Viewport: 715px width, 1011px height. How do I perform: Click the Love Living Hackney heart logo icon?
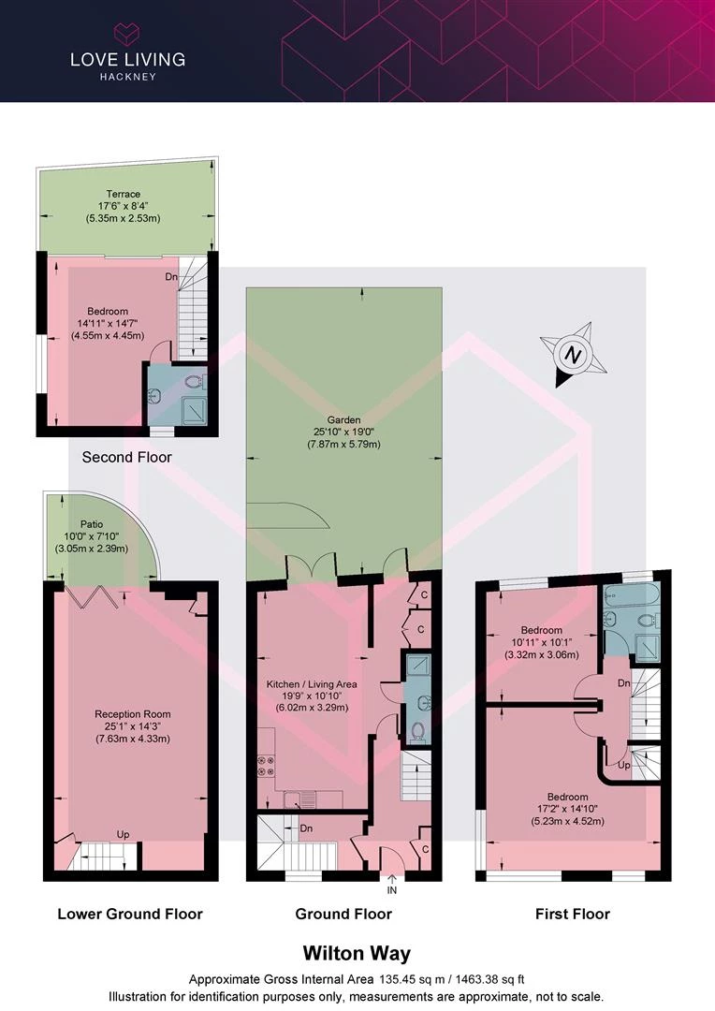click(x=127, y=35)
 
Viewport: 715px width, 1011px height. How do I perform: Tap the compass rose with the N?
click(x=573, y=355)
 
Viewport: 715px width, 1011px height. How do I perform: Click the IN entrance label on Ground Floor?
click(x=392, y=890)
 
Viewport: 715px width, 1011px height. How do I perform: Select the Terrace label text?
click(x=124, y=194)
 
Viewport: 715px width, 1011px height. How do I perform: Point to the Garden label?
click(x=343, y=420)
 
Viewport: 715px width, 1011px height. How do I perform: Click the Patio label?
click(x=92, y=524)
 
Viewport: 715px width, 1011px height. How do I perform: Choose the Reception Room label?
click(x=133, y=713)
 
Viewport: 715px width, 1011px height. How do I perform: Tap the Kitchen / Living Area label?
click(x=312, y=684)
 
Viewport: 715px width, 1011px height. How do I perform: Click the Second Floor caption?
click(x=127, y=457)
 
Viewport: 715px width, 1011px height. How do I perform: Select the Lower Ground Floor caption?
click(x=130, y=914)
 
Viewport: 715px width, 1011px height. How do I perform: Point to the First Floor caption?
click(x=573, y=914)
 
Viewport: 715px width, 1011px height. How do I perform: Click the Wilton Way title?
click(x=357, y=953)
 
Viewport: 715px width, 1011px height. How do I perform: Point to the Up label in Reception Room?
click(x=124, y=834)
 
